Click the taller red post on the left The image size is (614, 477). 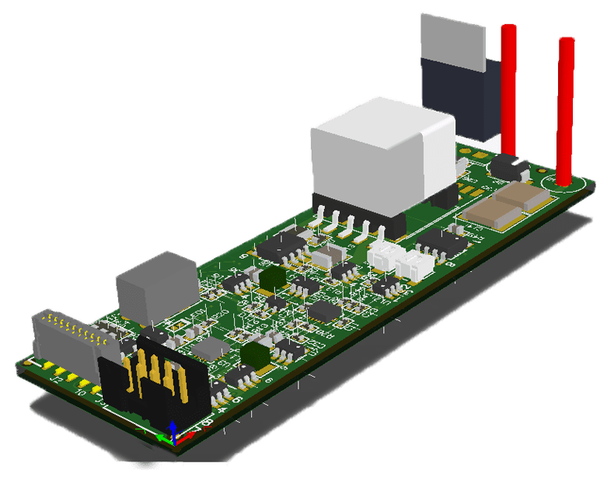click(508, 85)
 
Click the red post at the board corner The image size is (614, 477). click(565, 109)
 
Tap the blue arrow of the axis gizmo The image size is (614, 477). click(173, 428)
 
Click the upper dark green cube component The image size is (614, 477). click(272, 277)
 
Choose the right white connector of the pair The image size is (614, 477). click(416, 264)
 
